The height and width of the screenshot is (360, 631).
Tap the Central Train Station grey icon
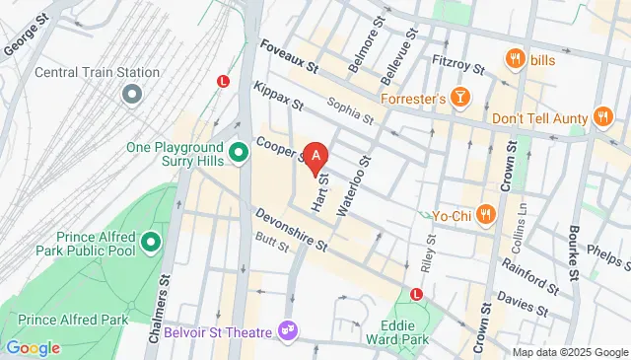pyautogui.click(x=130, y=95)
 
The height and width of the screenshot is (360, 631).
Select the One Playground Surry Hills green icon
pyautogui.click(x=239, y=153)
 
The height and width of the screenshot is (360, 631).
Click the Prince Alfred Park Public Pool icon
pyautogui.click(x=150, y=242)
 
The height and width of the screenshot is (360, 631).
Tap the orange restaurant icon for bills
pyautogui.click(x=514, y=60)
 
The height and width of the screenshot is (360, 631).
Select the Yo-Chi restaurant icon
pyautogui.click(x=484, y=214)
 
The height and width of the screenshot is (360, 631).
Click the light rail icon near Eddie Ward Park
pyautogui.click(x=416, y=294)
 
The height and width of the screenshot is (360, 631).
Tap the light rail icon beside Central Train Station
pyautogui.click(x=224, y=82)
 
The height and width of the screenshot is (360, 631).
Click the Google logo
pyautogui.click(x=33, y=347)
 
